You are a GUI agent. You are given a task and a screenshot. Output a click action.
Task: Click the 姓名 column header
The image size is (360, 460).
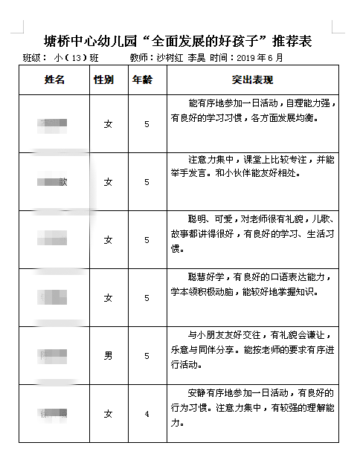click(54, 80)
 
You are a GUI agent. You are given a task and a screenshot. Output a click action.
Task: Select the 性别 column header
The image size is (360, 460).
click(103, 80)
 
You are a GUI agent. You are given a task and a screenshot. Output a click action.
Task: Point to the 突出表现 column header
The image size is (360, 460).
click(253, 80)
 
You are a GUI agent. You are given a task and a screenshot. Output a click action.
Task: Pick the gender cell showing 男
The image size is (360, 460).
click(109, 356)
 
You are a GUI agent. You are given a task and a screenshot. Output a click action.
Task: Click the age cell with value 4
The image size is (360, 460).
click(147, 413)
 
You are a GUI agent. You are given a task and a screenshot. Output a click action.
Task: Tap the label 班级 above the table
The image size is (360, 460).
click(33, 57)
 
